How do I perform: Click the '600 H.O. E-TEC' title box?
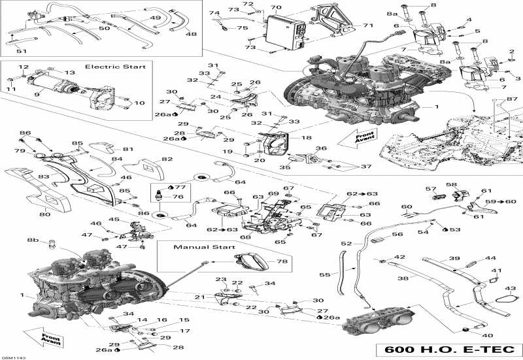point(449,348)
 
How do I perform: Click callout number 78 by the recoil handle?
point(282,261)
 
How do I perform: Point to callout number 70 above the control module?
point(276,8)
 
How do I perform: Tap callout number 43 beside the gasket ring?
point(511,288)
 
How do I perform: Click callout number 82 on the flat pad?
point(167,159)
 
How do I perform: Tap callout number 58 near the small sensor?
point(451,186)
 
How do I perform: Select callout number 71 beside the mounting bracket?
point(368,25)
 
